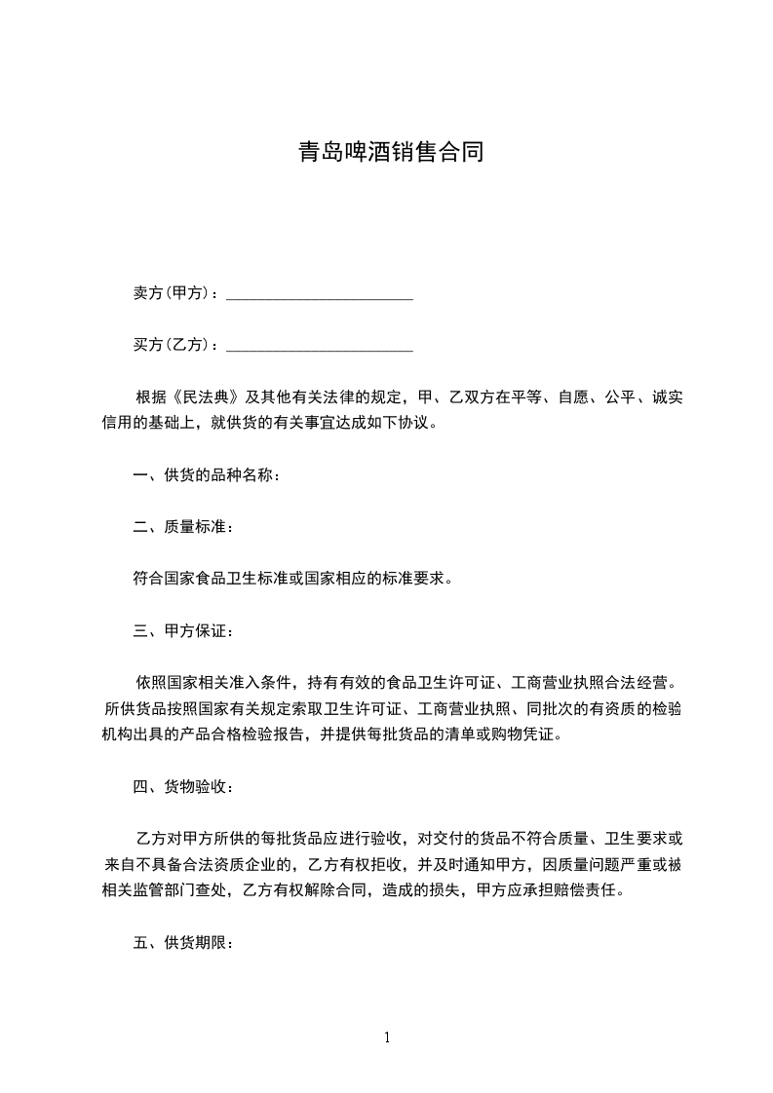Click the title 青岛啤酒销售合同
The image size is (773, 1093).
(390, 153)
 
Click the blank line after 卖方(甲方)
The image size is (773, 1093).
(320, 294)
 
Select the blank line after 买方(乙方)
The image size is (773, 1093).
(320, 346)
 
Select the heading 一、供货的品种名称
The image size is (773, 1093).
(206, 475)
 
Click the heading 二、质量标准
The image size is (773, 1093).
(182, 527)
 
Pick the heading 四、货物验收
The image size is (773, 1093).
(182, 787)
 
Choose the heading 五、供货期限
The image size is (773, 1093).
(182, 943)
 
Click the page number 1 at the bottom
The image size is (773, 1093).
(387, 1037)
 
